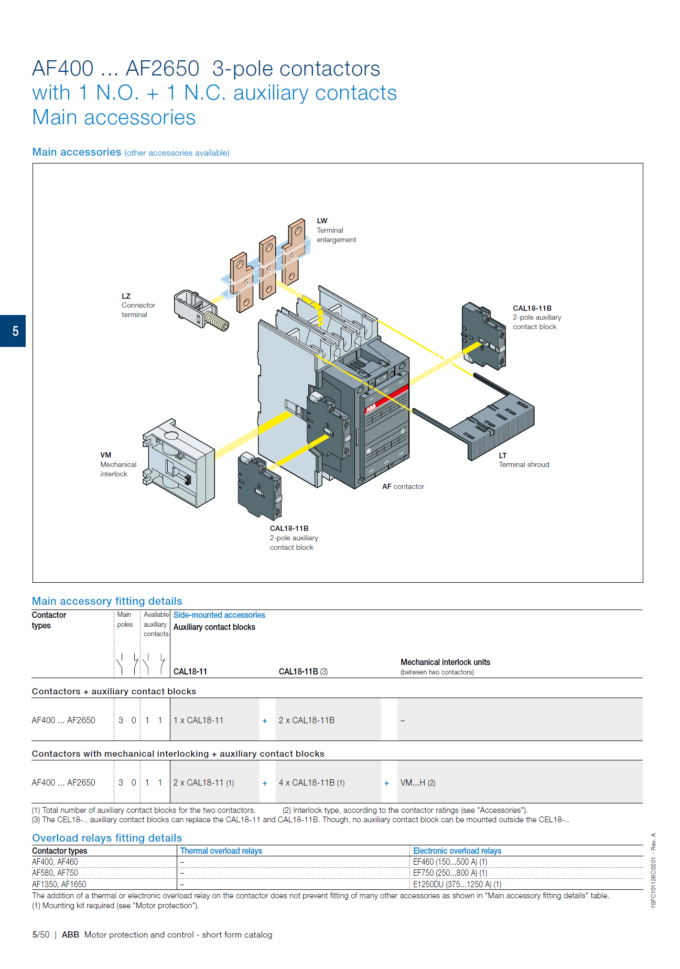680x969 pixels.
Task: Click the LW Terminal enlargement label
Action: (x=336, y=230)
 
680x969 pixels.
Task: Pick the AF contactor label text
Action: (x=403, y=486)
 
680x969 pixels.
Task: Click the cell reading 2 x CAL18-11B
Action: (x=307, y=720)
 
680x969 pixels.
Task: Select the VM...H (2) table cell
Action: (x=418, y=782)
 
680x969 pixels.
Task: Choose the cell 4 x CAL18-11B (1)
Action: (x=311, y=782)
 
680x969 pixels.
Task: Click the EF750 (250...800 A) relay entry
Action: (x=450, y=873)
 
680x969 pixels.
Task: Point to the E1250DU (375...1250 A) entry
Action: (x=457, y=884)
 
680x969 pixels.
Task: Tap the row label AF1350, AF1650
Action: (x=59, y=884)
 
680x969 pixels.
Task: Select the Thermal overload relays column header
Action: (x=221, y=851)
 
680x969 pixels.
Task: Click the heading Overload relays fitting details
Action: (x=107, y=837)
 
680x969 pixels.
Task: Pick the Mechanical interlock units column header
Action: (x=445, y=662)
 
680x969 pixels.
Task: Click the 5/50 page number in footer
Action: (x=41, y=934)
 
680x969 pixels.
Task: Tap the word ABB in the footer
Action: (x=70, y=934)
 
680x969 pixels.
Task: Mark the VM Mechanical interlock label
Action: (x=117, y=464)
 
